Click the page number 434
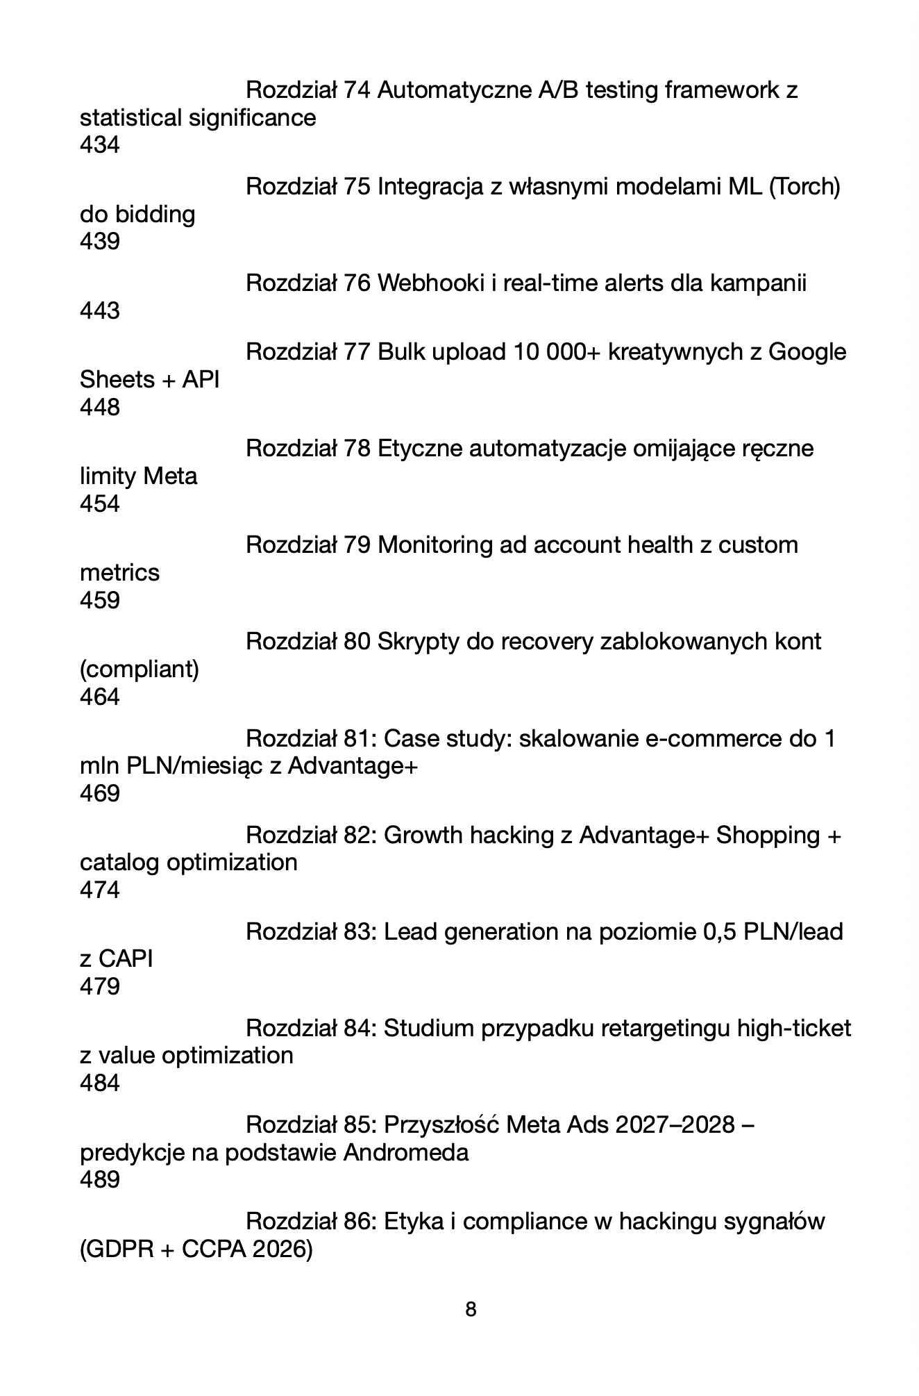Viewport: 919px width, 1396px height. [x=99, y=145]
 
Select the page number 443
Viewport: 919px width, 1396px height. [x=99, y=310]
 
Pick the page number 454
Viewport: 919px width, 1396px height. [x=99, y=504]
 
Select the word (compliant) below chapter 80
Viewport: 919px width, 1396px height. [x=140, y=670]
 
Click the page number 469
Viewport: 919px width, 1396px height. [x=99, y=793]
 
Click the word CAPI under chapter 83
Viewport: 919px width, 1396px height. [x=126, y=959]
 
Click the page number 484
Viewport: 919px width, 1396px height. [x=99, y=1083]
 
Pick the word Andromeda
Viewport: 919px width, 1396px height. [x=406, y=1153]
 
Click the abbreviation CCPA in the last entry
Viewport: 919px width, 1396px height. [x=214, y=1249]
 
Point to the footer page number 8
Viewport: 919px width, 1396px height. [x=471, y=1310]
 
